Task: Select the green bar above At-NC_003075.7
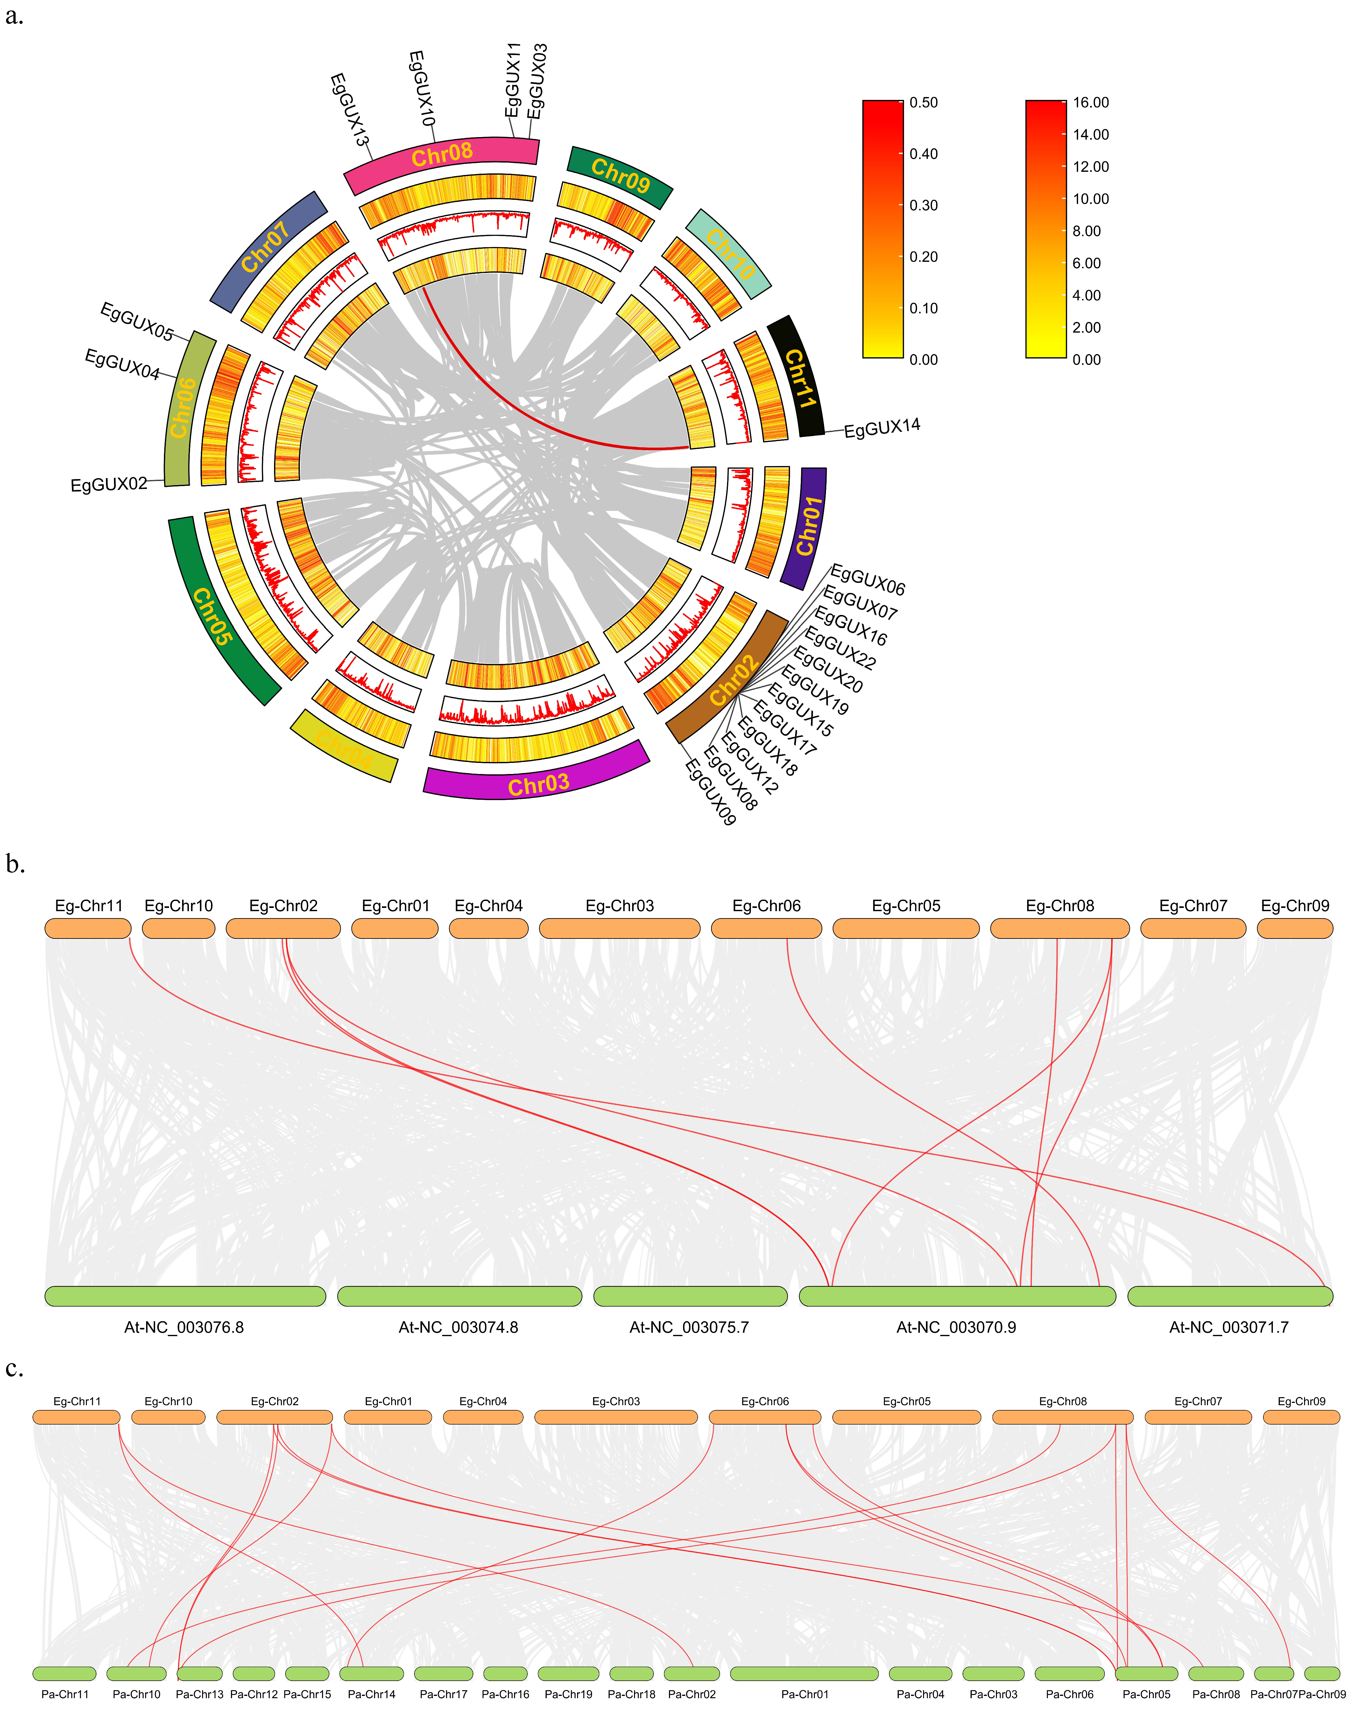tap(690, 1296)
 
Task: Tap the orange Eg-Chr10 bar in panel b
tap(178, 928)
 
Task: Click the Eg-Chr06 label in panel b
tap(766, 906)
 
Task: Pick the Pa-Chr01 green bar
tap(804, 1673)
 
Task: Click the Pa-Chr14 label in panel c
tap(371, 1694)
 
